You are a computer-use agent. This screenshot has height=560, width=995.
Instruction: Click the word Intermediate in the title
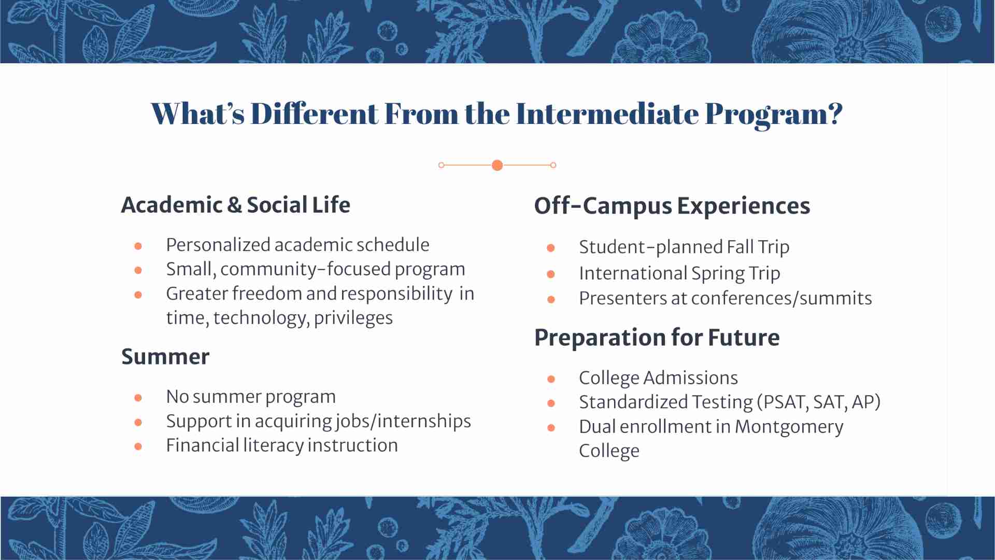click(607, 114)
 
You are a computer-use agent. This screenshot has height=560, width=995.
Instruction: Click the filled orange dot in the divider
click(497, 165)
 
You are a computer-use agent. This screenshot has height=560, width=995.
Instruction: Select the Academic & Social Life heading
click(236, 205)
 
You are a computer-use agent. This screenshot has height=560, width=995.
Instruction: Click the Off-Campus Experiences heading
click(672, 206)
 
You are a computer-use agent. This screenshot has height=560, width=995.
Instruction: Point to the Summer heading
click(165, 357)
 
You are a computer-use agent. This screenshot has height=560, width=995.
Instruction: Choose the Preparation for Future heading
click(657, 338)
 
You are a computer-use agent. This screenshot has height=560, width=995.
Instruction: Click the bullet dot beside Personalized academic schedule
click(138, 246)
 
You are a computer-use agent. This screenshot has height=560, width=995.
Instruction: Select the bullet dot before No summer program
click(138, 398)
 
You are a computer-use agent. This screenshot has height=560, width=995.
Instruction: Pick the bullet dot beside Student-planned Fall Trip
click(551, 248)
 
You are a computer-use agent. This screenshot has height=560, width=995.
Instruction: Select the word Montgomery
click(789, 427)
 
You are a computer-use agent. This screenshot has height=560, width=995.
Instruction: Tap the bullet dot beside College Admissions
click(551, 379)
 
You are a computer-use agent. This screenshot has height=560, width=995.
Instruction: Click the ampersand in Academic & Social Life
click(234, 205)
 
